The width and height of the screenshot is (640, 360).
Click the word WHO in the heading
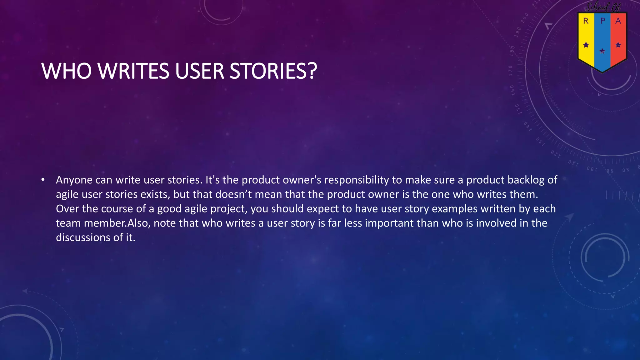tap(67, 71)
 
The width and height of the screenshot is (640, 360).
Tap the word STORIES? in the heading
tap(273, 71)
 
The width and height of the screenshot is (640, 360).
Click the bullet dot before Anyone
tap(43, 180)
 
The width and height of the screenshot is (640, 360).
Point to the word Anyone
tap(74, 180)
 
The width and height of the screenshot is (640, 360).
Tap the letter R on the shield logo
tap(586, 21)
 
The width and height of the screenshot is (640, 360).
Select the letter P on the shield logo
tap(603, 21)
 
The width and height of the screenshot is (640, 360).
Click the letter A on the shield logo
tap(618, 21)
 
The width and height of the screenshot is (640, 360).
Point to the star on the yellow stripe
tap(586, 45)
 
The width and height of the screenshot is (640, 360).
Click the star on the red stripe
tap(618, 45)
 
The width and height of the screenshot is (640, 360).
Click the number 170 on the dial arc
tap(511, 71)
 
